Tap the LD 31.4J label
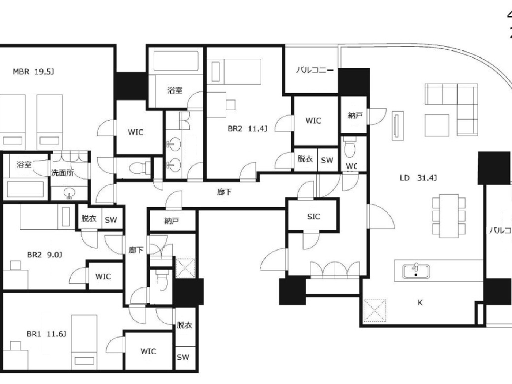pyautogui.click(x=418, y=178)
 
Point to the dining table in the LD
pyautogui.click(x=449, y=215)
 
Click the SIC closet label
pyautogui.click(x=313, y=217)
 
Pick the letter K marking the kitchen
pyautogui.click(x=420, y=302)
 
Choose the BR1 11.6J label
pyautogui.click(x=46, y=334)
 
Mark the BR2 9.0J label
pyautogui.click(x=45, y=255)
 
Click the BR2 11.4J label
pyautogui.click(x=247, y=129)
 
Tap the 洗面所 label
pyautogui.click(x=62, y=173)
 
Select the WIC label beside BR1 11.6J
pyautogui.click(x=148, y=351)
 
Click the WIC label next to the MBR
pyautogui.click(x=135, y=132)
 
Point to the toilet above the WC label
pyautogui.click(x=350, y=148)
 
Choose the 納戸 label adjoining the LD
pyautogui.click(x=355, y=116)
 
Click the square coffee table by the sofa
pyautogui.click(x=437, y=125)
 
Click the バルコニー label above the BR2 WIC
pyautogui.click(x=315, y=70)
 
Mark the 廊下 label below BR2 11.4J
pyautogui.click(x=224, y=192)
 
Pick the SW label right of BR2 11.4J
pyautogui.click(x=327, y=160)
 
